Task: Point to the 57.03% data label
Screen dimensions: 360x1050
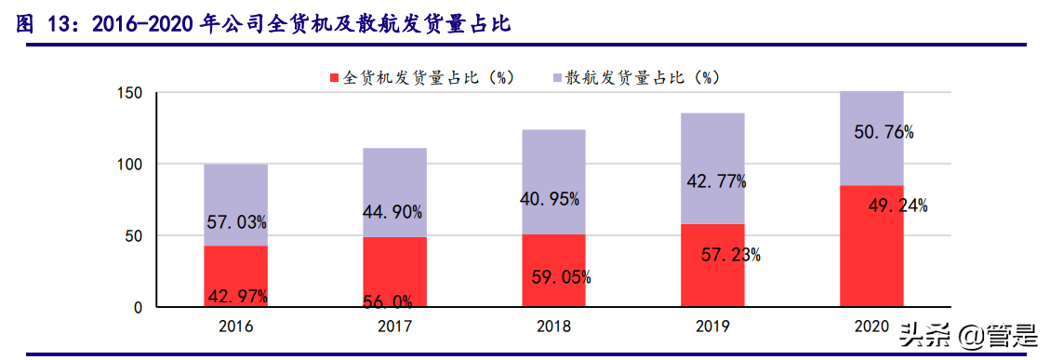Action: point(236,222)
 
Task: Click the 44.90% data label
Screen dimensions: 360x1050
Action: point(394,213)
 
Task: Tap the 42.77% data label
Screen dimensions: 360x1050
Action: point(716,181)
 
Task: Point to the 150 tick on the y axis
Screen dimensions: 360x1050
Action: point(129,93)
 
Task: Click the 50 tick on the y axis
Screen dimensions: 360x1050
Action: point(134,236)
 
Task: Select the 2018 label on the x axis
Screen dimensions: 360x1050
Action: point(553,327)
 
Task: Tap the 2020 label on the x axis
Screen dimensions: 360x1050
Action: point(871,327)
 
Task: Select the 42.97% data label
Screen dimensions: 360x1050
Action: point(236,297)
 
